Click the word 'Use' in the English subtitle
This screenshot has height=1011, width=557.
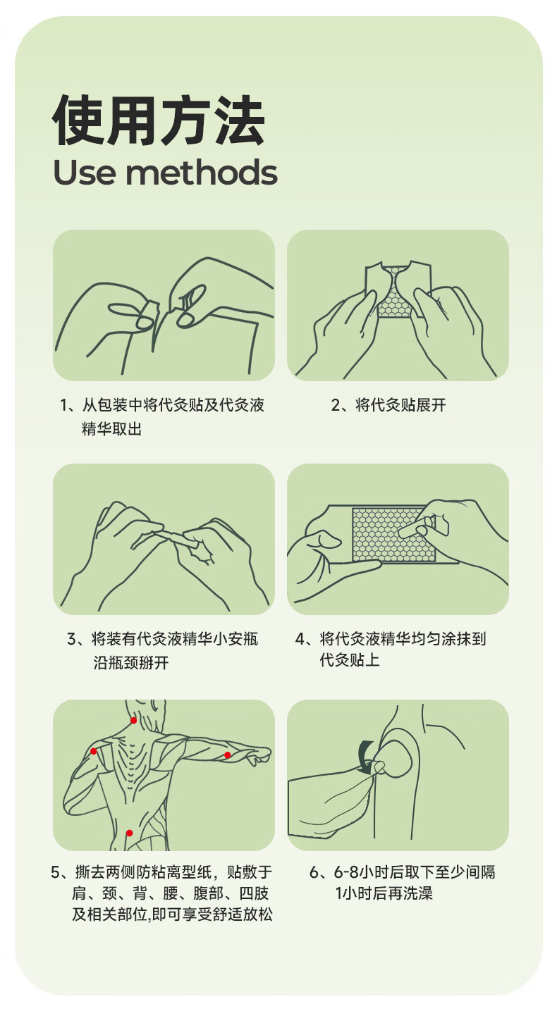pyautogui.click(x=85, y=173)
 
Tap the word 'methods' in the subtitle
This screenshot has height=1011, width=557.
pyautogui.click(x=202, y=172)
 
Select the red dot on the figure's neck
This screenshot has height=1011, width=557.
pyautogui.click(x=134, y=720)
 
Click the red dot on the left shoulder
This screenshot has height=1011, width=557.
pyautogui.click(x=94, y=751)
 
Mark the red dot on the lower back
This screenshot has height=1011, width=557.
pyautogui.click(x=129, y=833)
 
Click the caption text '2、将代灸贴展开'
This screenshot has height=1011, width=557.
pyautogui.click(x=388, y=405)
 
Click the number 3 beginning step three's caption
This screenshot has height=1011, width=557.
pyautogui.click(x=72, y=639)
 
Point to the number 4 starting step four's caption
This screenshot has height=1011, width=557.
pyautogui.click(x=300, y=639)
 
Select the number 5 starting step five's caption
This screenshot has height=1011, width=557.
pyautogui.click(x=55, y=872)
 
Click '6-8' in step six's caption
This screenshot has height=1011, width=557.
pyautogui.click(x=346, y=872)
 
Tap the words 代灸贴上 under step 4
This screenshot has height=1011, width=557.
pyautogui.click(x=350, y=660)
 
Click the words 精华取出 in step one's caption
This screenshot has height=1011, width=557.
pyautogui.click(x=111, y=429)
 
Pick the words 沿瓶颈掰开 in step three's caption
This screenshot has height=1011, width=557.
pyautogui.click(x=131, y=662)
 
